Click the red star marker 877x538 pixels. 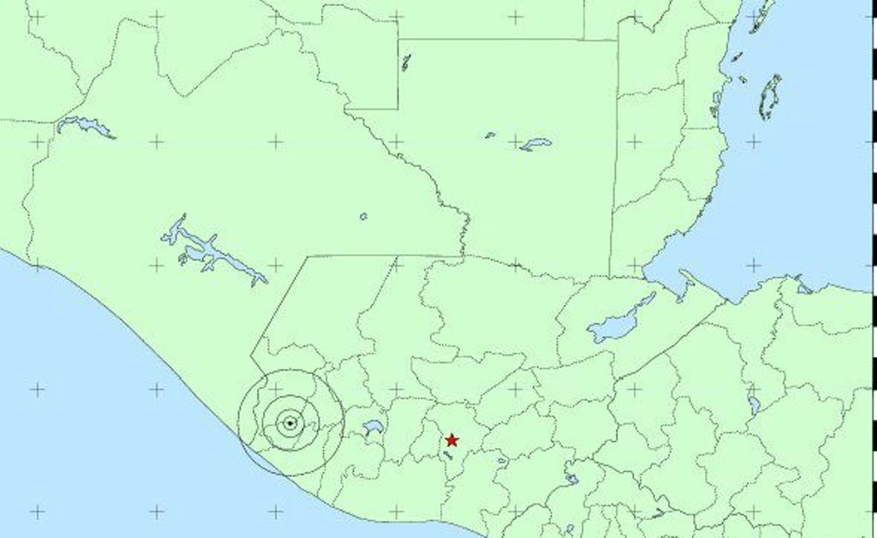(x=451, y=440)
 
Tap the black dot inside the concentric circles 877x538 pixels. (x=290, y=422)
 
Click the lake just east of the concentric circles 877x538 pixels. (x=372, y=426)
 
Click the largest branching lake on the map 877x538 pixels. (x=210, y=250)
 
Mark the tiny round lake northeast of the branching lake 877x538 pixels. (x=363, y=217)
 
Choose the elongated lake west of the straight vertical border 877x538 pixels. (x=535, y=144)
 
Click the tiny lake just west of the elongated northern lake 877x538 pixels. (x=490, y=134)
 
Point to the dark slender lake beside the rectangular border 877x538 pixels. (x=406, y=62)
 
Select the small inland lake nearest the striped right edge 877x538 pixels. (x=754, y=403)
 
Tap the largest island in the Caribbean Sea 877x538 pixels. (x=770, y=96)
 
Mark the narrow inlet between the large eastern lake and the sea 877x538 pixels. (x=686, y=284)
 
